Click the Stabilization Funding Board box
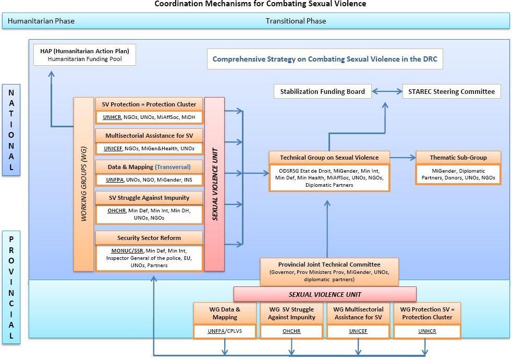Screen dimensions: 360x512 pos(322,91)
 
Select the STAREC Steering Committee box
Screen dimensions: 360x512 pos(452,91)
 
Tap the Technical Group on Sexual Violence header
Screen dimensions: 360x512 pos(328,158)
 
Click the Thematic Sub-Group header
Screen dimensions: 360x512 pos(458,158)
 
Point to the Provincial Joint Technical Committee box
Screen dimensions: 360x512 pos(329,271)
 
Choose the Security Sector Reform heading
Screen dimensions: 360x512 pos(149,238)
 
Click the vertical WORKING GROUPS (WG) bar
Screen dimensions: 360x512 pos(83,184)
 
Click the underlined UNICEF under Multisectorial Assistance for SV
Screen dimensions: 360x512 pos(113,148)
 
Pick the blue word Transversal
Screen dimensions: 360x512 pos(172,167)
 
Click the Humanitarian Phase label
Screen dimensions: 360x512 pos(41,21)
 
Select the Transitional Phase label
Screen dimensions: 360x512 pos(296,21)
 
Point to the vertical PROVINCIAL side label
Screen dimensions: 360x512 pos(11,287)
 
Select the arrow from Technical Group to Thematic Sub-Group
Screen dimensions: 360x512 pos(403,157)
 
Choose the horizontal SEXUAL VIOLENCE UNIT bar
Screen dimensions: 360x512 pos(324,294)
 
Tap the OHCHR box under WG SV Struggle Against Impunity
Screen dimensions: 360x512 pos(291,331)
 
